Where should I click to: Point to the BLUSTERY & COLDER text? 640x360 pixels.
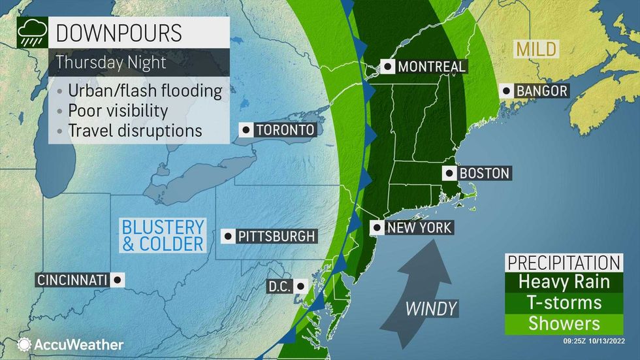point(163,236)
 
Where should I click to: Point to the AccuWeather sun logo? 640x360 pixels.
point(25,344)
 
